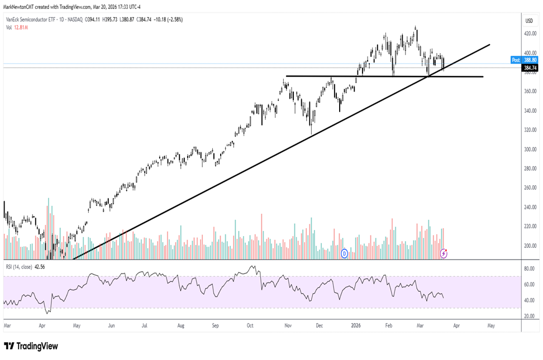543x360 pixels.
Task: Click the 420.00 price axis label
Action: tap(528, 33)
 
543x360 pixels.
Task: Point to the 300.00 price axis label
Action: tap(528, 150)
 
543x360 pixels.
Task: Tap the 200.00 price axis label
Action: tap(528, 246)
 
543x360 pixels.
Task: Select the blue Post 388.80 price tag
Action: tap(525, 60)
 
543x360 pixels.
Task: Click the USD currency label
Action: tap(528, 21)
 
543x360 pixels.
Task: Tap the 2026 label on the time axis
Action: tap(355, 324)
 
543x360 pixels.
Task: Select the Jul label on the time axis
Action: tap(144, 324)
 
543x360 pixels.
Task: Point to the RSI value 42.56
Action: tap(40, 266)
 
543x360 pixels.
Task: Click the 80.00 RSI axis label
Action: tap(528, 268)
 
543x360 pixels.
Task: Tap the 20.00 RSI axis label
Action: tap(528, 316)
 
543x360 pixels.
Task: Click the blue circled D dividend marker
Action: tap(344, 253)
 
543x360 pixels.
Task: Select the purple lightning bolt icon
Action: tap(444, 253)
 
